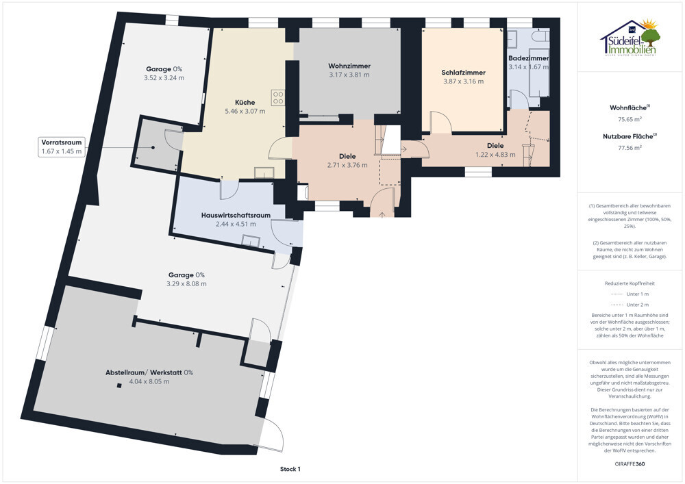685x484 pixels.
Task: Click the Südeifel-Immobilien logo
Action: [x=630, y=38]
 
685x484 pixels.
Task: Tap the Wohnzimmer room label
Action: [x=349, y=66]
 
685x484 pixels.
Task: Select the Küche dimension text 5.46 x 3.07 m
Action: [x=245, y=112]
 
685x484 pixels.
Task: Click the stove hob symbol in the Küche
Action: [x=278, y=97]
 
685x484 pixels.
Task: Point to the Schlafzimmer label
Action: [x=464, y=73]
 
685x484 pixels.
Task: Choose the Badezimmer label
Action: [x=529, y=58]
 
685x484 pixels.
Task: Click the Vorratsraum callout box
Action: [x=62, y=147]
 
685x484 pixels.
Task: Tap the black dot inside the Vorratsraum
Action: [x=153, y=147]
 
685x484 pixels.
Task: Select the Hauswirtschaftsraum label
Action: [x=236, y=215]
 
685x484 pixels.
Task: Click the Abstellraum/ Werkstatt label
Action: [x=149, y=372]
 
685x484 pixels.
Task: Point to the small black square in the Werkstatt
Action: [x=119, y=385]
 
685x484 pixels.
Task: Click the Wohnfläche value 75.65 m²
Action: [x=630, y=118]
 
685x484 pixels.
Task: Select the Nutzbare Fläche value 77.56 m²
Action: [x=630, y=147]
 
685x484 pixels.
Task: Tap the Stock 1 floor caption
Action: [x=290, y=469]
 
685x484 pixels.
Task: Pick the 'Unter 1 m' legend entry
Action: [x=630, y=294]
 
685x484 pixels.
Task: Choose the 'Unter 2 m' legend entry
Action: [x=630, y=305]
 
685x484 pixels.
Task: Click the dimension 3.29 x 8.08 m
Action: [x=186, y=283]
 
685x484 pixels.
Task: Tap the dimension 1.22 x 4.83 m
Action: [x=495, y=155]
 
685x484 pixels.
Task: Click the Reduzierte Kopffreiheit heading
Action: [x=630, y=283]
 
